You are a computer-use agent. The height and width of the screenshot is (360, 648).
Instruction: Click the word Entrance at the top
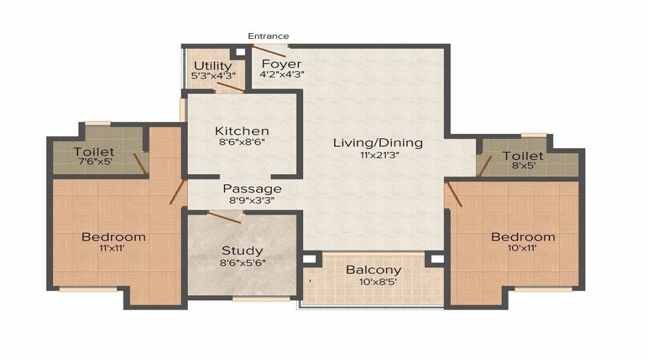click(269, 36)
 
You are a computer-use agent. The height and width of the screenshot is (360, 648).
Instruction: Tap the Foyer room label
click(281, 64)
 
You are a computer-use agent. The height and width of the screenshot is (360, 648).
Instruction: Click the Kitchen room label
click(242, 131)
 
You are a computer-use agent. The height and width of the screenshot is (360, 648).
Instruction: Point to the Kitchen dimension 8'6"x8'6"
click(242, 143)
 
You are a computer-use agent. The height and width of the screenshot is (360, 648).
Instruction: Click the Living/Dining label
click(377, 143)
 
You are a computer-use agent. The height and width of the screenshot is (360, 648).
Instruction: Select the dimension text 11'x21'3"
click(377, 155)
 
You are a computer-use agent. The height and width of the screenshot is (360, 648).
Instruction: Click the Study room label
click(242, 251)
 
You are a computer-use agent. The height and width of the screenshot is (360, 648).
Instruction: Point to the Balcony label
click(374, 270)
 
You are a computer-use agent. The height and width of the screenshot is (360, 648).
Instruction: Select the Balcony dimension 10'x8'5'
click(374, 282)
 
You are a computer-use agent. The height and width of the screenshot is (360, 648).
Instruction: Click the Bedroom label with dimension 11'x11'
click(113, 237)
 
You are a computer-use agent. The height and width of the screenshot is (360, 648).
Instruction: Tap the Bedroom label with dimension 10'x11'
click(523, 237)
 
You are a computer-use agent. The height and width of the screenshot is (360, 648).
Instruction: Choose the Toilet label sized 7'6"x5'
click(94, 152)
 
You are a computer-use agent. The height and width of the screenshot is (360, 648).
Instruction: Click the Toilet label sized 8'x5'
click(523, 156)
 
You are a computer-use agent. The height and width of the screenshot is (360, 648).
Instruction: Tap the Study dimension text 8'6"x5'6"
click(242, 263)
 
